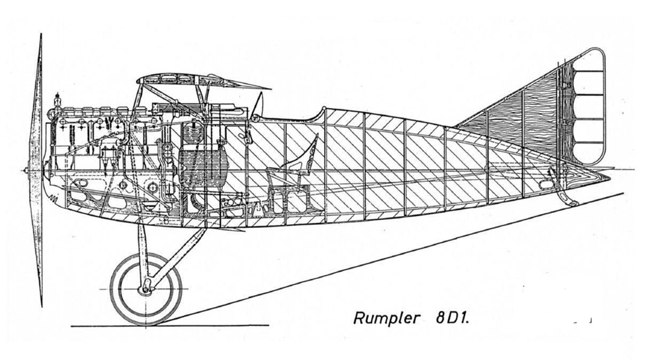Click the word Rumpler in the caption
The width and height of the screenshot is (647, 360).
pyautogui.click(x=387, y=318)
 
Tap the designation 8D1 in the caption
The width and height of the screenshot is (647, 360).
pyautogui.click(x=452, y=318)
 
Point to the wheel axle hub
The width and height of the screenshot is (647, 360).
pyautogui.click(x=145, y=289)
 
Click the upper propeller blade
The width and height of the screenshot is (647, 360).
pyautogui.click(x=37, y=99)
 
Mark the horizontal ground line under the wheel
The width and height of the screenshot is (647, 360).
pyautogui.click(x=169, y=326)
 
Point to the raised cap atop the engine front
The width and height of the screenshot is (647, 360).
pyautogui.click(x=57, y=100)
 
